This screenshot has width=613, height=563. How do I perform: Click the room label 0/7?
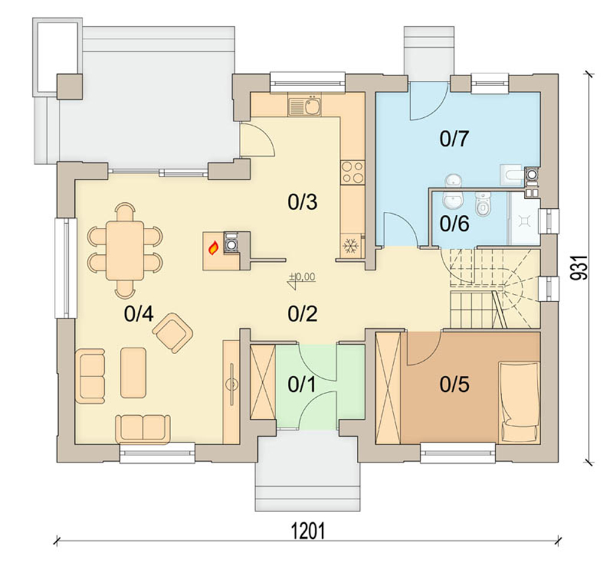pyautogui.click(x=454, y=139)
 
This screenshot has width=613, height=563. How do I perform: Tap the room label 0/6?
pyautogui.click(x=454, y=224)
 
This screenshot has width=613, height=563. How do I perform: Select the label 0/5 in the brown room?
pyautogui.click(x=454, y=385)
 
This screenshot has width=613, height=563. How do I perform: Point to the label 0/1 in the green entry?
pyautogui.click(x=302, y=385)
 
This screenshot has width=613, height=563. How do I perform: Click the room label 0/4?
pyautogui.click(x=139, y=314)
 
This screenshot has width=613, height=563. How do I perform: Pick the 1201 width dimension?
pyautogui.click(x=308, y=531)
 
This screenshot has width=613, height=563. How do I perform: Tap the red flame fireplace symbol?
pyautogui.click(x=214, y=248)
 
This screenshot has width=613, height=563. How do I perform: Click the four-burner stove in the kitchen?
pyautogui.click(x=352, y=173)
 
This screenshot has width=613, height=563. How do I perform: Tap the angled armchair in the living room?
pyautogui.click(x=172, y=333)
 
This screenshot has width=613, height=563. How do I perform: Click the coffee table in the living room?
pyautogui.click(x=133, y=373)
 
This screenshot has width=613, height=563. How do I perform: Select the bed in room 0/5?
pyautogui.click(x=519, y=402)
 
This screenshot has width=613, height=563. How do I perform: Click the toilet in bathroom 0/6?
pyautogui.click(x=483, y=204)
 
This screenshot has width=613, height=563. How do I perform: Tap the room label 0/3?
pyautogui.click(x=302, y=202)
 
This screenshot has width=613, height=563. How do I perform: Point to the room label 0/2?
pyautogui.click(x=302, y=314)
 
